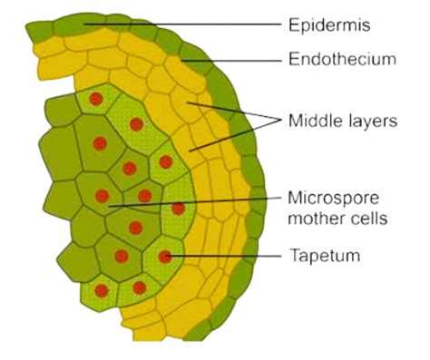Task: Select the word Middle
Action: (x=311, y=119)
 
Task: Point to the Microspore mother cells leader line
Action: (x=191, y=200)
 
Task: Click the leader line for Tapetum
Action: (x=227, y=257)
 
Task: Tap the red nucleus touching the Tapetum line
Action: (x=165, y=257)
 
